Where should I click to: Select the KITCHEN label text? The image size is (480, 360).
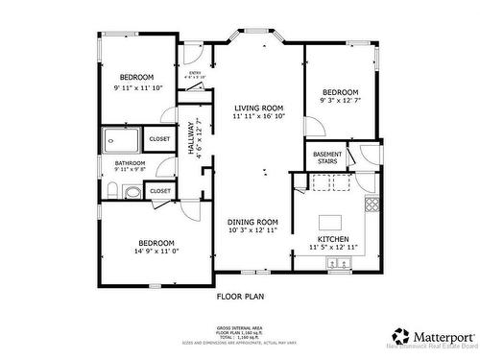(333, 239)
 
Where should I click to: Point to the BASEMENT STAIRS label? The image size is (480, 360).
(326, 157)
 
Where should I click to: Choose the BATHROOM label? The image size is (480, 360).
(131, 163)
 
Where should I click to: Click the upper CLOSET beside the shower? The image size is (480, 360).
(159, 139)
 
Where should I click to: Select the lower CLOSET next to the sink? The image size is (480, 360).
(160, 191)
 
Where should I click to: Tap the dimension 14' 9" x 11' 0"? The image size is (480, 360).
(156, 251)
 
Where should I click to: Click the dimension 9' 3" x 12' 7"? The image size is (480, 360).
(340, 99)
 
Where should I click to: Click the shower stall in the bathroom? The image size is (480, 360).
(122, 139)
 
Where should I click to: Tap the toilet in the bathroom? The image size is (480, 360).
(112, 192)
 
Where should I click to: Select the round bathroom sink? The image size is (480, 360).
(132, 192)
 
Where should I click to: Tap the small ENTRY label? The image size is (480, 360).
(195, 73)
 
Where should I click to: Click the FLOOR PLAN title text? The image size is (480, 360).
(240, 297)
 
